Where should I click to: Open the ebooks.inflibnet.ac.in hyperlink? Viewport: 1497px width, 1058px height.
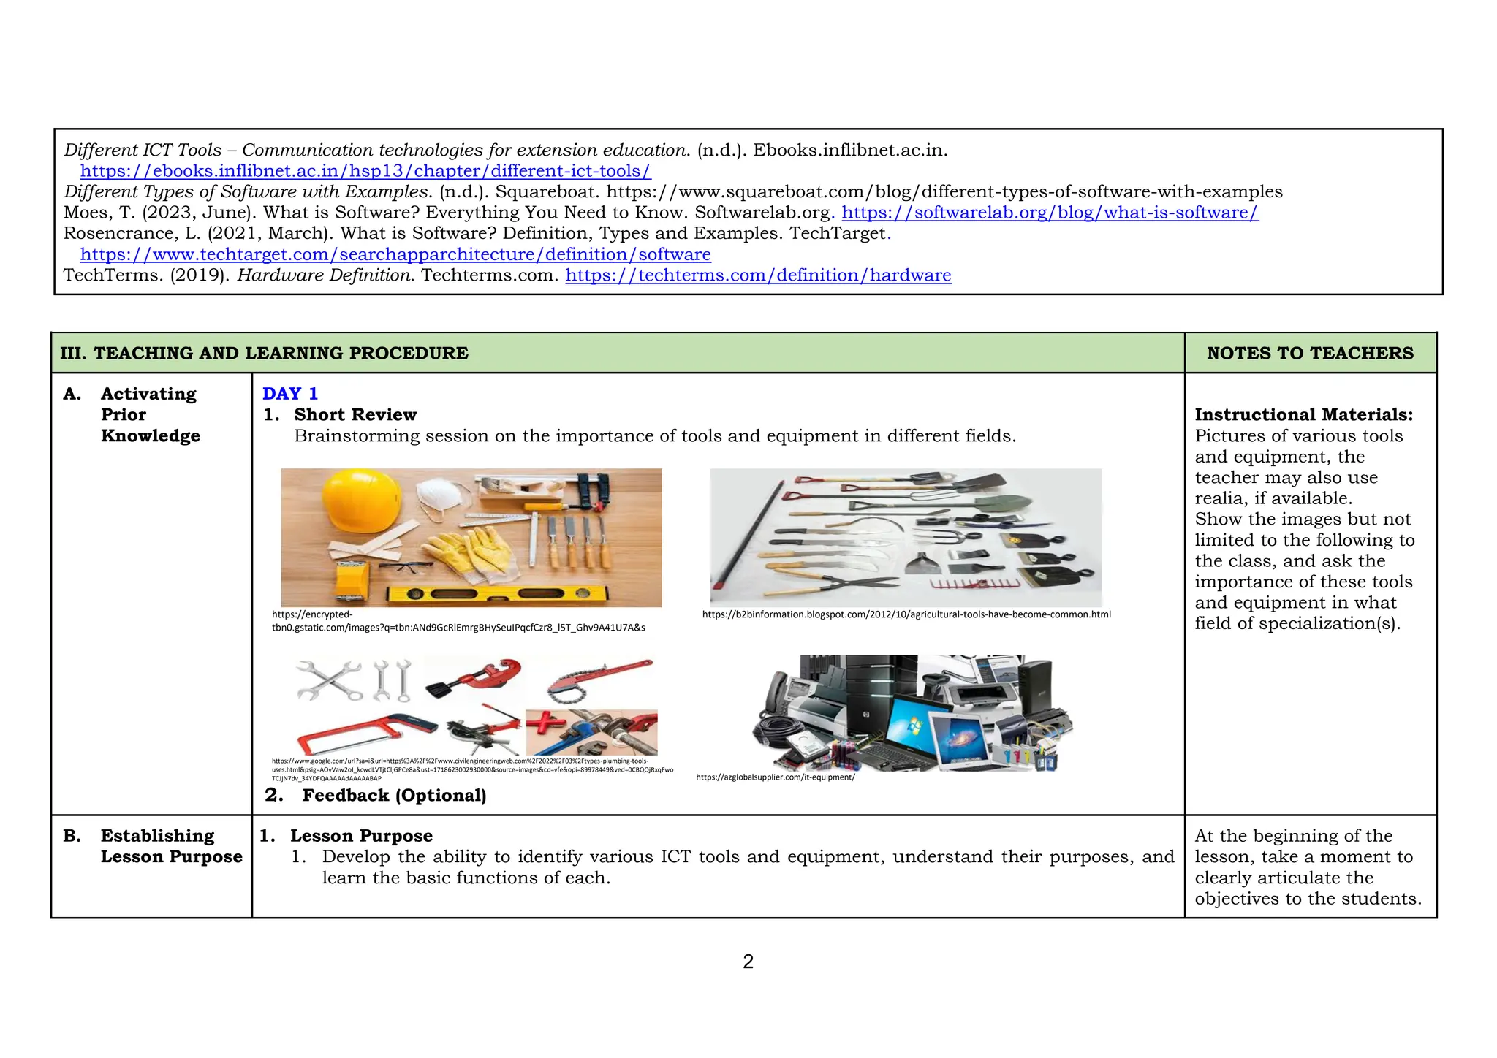pos(365,171)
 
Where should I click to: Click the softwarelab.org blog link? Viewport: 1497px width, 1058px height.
pos(1050,213)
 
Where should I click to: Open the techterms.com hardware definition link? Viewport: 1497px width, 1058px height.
pos(758,275)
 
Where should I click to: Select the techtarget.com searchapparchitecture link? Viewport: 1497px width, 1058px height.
pos(395,254)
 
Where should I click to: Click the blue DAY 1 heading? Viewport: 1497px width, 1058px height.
pos(289,394)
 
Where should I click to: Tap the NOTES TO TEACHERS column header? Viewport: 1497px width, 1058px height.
pos(1309,353)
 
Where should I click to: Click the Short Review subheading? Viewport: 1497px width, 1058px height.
pos(355,415)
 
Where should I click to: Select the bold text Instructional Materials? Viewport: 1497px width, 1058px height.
pos(1303,415)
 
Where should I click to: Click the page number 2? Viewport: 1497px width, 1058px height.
pos(748,962)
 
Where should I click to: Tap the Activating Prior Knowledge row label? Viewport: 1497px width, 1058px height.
pos(149,414)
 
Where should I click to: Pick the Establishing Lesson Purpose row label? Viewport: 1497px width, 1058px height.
pos(171,846)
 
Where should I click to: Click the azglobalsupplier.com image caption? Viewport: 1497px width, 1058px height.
pos(775,777)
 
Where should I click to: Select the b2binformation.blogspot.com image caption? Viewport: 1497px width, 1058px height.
pos(906,614)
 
